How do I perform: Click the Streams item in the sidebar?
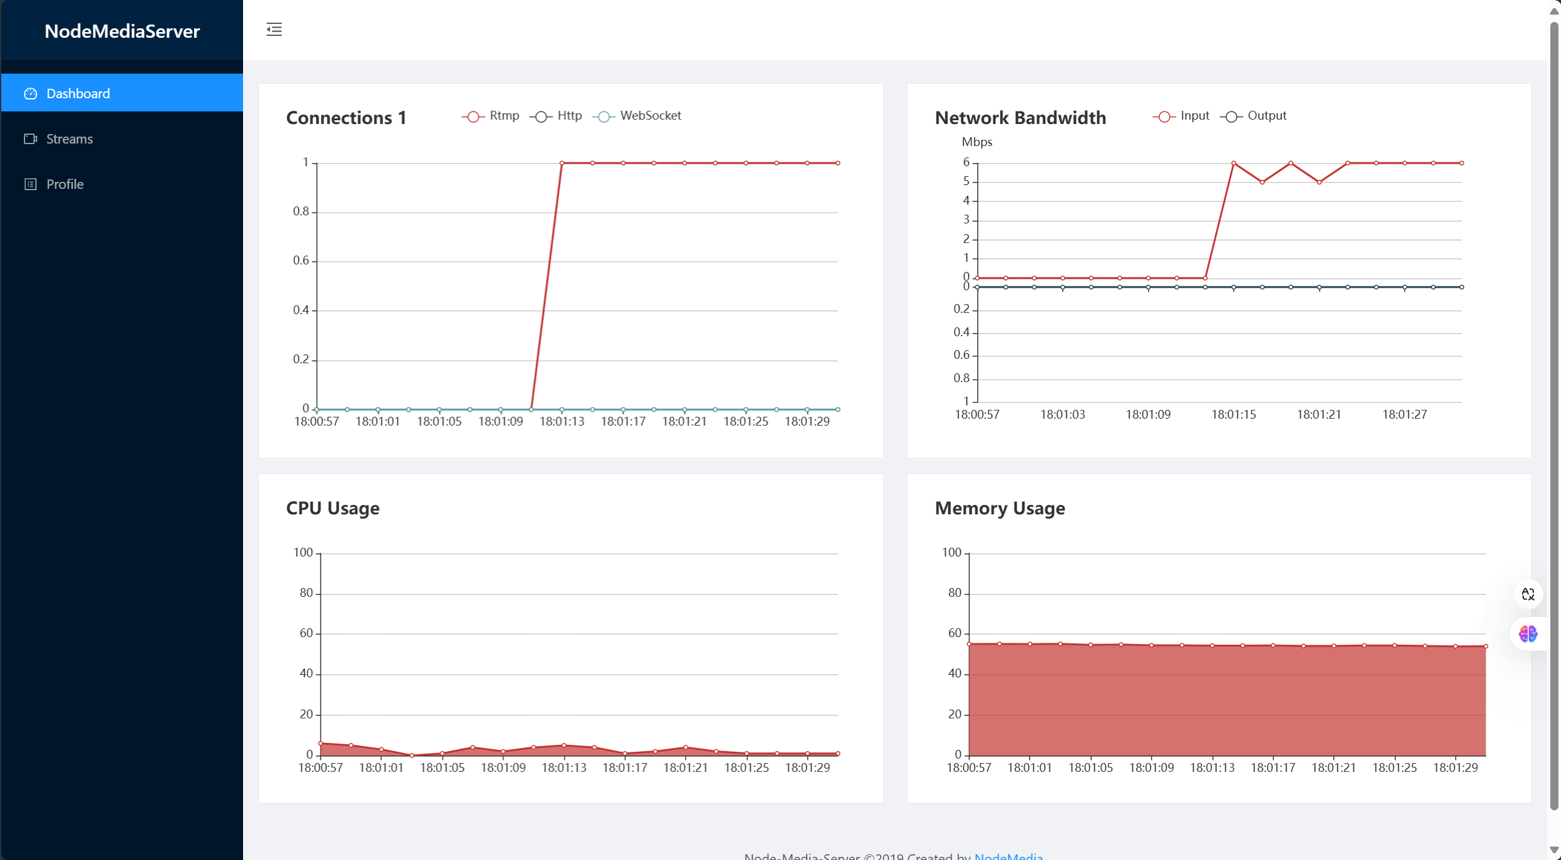point(69,139)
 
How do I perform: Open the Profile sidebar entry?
point(64,184)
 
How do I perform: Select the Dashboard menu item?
point(77,93)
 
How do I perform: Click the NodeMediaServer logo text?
point(122,31)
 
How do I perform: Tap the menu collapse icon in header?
point(274,29)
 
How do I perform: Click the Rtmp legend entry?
point(491,116)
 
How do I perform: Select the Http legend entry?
point(556,116)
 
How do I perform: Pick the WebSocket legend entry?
point(637,116)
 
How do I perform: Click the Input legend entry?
point(1181,116)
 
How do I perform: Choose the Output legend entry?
point(1254,116)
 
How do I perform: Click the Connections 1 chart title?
point(346,118)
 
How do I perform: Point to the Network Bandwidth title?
point(1019,118)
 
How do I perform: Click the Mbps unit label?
point(976,142)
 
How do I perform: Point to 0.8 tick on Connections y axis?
point(301,212)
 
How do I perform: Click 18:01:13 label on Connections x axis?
point(562,421)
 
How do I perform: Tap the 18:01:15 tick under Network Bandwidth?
point(1233,414)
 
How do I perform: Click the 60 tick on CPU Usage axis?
point(306,633)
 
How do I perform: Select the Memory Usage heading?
point(999,508)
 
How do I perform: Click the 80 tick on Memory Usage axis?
point(955,592)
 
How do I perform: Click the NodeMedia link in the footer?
point(1008,856)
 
